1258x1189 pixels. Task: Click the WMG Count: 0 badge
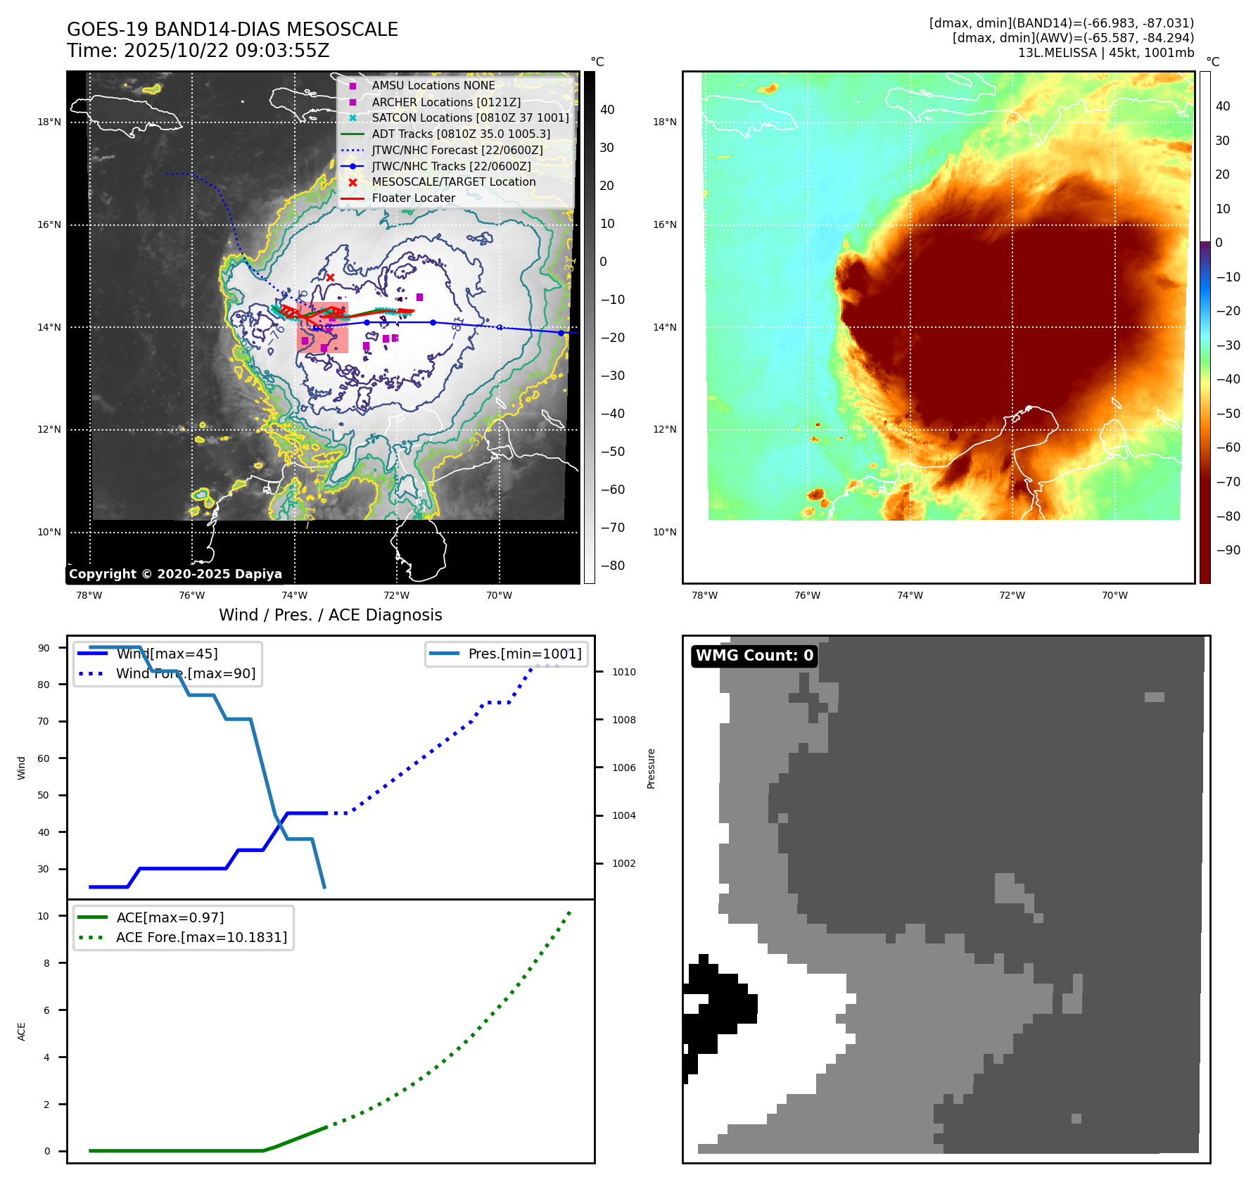point(754,656)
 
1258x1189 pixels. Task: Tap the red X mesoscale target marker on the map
point(330,278)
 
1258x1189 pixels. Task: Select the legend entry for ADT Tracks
point(461,134)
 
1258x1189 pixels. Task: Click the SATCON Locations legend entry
point(470,117)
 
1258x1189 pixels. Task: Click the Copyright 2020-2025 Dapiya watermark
point(175,574)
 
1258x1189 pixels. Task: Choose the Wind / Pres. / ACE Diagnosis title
point(330,615)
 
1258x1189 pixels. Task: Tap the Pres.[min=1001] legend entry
point(524,654)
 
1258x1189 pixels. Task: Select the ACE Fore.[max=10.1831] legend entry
point(201,937)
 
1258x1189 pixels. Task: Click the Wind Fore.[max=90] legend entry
point(186,673)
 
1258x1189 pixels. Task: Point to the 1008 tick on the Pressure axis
point(623,720)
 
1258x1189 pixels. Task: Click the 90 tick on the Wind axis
point(44,648)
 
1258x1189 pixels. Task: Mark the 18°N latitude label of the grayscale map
point(49,122)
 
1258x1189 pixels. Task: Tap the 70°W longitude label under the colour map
point(1114,595)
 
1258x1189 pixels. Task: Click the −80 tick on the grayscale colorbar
point(612,566)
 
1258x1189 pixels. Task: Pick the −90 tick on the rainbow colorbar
point(1228,550)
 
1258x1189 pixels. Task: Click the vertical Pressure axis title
point(651,768)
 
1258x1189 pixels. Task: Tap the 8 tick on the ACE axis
point(47,963)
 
